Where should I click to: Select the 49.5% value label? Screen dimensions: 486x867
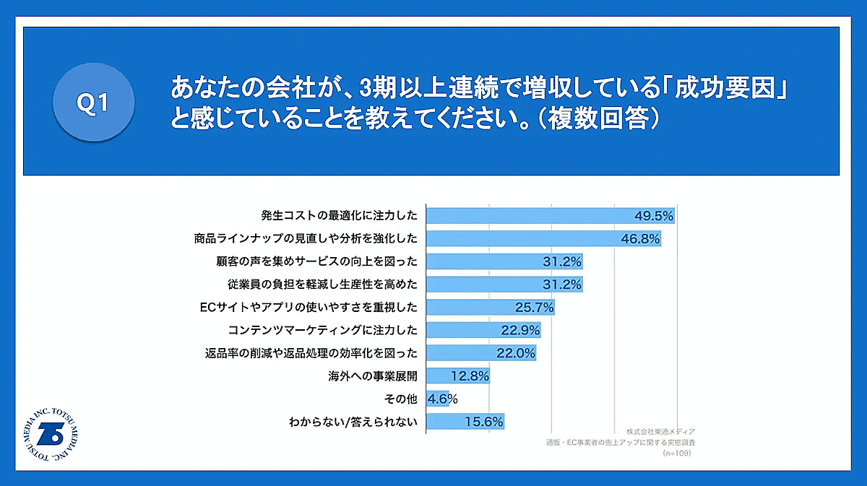653,215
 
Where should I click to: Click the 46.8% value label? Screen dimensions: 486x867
640,238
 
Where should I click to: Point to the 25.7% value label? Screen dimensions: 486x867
534,308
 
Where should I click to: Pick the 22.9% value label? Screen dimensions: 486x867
520,331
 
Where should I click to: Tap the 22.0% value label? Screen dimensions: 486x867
516,353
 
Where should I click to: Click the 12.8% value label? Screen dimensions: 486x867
470,376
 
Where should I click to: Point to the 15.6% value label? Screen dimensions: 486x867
484,422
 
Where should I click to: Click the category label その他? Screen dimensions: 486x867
402,399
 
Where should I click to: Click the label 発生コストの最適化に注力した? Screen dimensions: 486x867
339,215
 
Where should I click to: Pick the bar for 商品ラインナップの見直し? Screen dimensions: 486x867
520,238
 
